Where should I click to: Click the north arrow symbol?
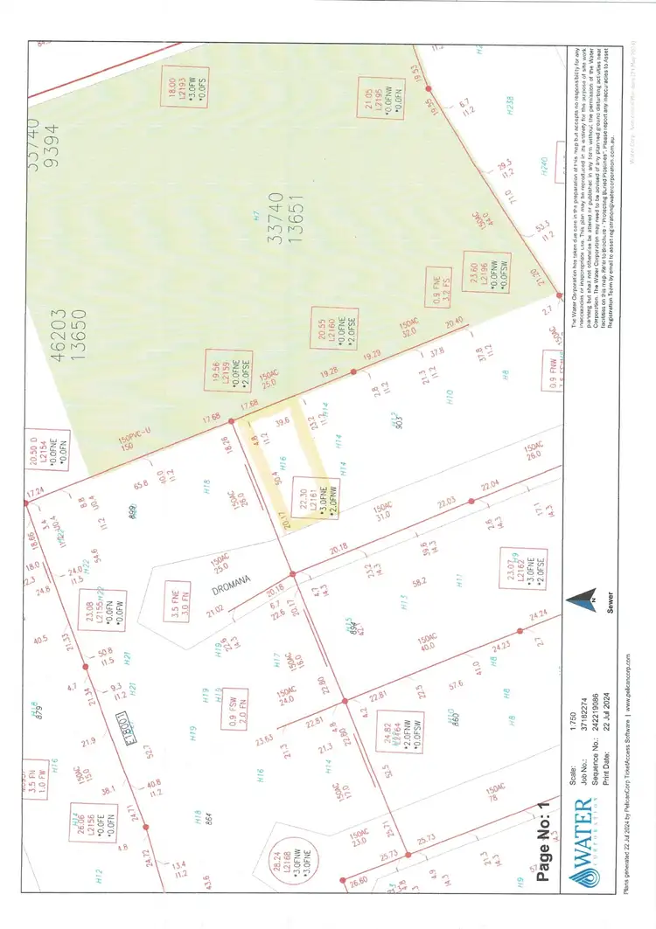(x=572, y=605)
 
